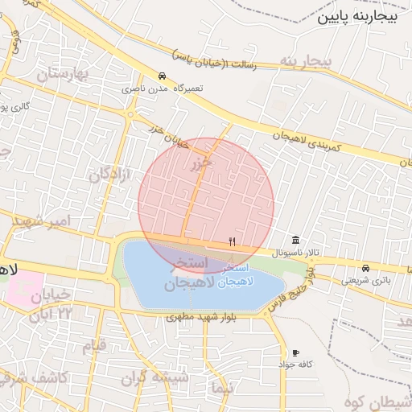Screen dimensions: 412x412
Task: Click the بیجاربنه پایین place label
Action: point(357,17)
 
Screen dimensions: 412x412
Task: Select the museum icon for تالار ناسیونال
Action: point(296,241)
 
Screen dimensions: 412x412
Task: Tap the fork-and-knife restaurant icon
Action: point(233,241)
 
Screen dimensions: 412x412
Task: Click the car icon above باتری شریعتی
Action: point(365,268)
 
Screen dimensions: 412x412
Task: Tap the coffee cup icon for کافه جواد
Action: point(296,352)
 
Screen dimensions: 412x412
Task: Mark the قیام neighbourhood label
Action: point(94,347)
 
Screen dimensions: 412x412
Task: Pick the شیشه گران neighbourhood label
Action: point(155,377)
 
